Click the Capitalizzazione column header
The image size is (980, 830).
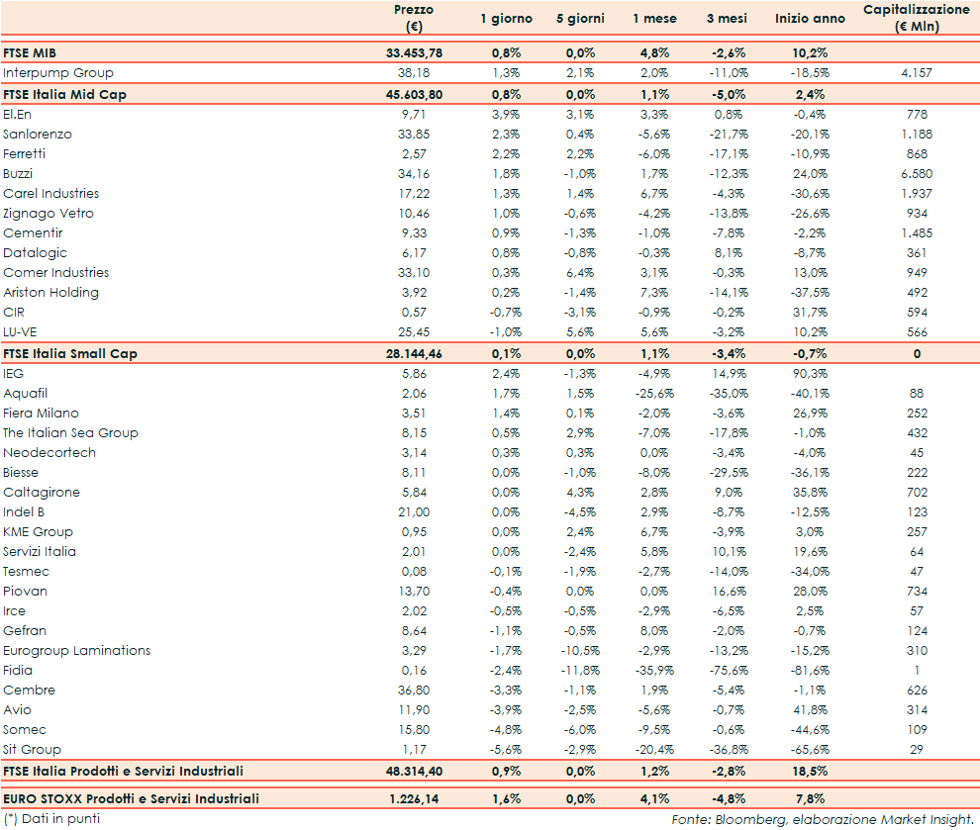[x=916, y=18]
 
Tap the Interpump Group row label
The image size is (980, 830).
[x=58, y=72]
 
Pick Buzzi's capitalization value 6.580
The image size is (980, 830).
[x=916, y=173]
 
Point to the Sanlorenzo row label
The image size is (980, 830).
[x=38, y=134]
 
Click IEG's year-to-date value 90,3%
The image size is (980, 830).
[x=812, y=373]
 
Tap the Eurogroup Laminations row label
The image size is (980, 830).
[x=77, y=650]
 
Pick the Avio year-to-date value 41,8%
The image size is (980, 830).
[x=812, y=709]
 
